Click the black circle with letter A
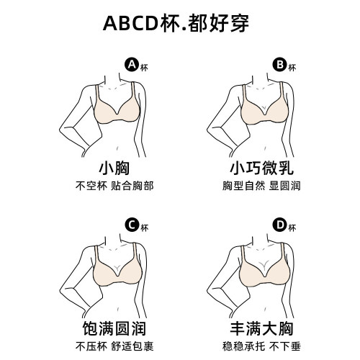(131, 65)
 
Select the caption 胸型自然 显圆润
(259, 186)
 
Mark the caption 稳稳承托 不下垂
(259, 346)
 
